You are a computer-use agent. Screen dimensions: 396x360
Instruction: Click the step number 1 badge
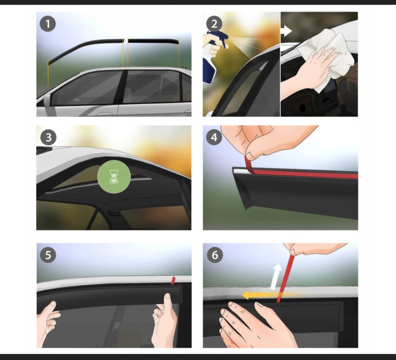coord(48,24)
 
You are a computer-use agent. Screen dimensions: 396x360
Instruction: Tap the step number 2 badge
coord(214,24)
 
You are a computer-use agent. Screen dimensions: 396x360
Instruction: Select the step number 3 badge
coord(48,138)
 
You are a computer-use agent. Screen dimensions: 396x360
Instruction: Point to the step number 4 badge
coord(214,137)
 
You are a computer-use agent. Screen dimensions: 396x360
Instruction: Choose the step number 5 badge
coord(48,255)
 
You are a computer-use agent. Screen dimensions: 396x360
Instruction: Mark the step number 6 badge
coord(215,255)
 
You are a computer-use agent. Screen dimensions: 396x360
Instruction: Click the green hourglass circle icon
coord(114,177)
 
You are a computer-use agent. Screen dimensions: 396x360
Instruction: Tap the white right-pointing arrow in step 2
coord(286,31)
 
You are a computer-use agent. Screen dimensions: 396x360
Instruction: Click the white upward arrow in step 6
coord(276,276)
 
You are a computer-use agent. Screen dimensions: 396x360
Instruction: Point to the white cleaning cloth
coord(328,58)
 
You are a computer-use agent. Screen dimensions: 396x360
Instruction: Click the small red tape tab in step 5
coord(173,280)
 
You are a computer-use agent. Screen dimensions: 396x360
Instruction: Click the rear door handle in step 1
coord(188,113)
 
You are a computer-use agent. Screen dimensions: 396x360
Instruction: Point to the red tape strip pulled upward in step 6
coord(285,278)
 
